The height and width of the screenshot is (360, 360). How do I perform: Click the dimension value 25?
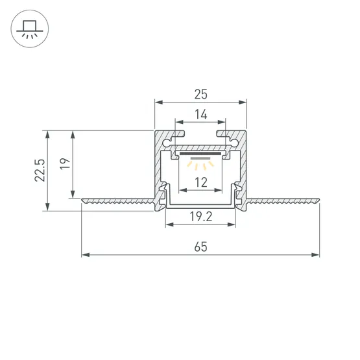[x=200, y=95]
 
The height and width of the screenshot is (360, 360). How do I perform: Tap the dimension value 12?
[x=200, y=183]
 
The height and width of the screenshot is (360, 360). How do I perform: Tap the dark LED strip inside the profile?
[x=200, y=156]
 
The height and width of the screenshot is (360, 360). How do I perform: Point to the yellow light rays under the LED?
[x=200, y=166]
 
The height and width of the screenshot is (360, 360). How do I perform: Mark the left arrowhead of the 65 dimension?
[x=85, y=255]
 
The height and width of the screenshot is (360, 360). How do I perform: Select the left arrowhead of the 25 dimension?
[x=157, y=102]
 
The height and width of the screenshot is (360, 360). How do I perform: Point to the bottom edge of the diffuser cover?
[x=200, y=209]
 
